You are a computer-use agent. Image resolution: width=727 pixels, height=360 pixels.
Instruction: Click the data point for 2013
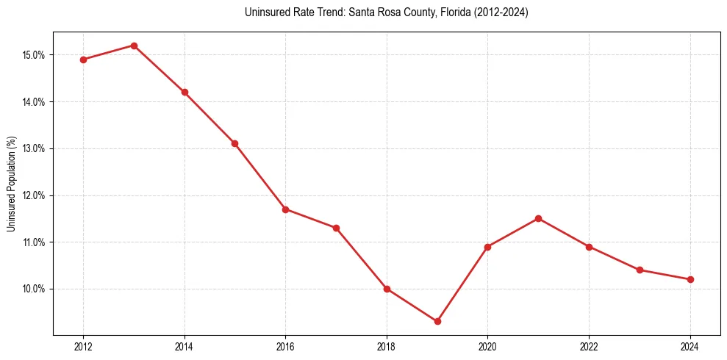[x=134, y=46]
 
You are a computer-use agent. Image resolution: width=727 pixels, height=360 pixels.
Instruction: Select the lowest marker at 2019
[x=437, y=321]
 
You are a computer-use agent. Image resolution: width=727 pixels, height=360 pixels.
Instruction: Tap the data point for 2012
[x=83, y=60]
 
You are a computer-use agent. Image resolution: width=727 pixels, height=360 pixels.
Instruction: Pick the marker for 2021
[x=538, y=218]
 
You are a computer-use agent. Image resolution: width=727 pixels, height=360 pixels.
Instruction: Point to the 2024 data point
[x=690, y=279]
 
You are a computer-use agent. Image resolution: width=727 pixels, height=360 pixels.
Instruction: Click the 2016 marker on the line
[x=285, y=209]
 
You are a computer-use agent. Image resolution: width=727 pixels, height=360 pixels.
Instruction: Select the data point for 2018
[x=387, y=289]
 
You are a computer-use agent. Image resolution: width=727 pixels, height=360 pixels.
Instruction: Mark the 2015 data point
[x=234, y=143]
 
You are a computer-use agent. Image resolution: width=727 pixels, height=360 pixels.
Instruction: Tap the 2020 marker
[x=487, y=247]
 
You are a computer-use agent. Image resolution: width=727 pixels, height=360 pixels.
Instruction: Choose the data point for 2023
[x=640, y=270]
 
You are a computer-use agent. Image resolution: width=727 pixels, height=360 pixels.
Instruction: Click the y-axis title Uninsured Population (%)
[x=12, y=183]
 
